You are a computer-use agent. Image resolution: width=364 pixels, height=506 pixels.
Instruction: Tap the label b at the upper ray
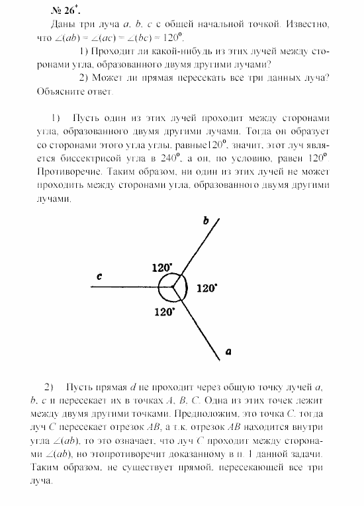205,222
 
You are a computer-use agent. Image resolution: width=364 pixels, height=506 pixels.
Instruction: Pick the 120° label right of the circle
207,288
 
